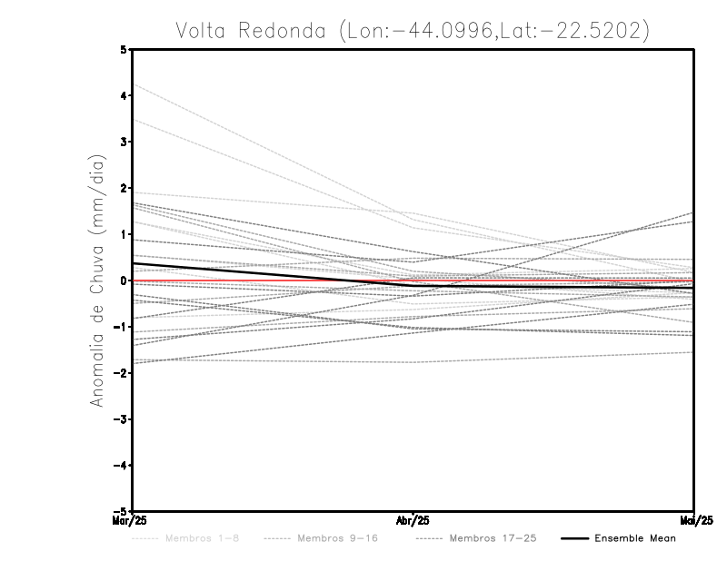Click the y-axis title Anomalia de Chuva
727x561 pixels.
point(96,280)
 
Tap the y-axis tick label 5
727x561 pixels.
point(124,49)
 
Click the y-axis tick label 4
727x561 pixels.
point(124,95)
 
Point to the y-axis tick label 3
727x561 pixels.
point(124,142)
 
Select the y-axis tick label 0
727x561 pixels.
point(124,280)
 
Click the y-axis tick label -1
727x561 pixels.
point(123,327)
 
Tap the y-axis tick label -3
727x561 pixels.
point(123,419)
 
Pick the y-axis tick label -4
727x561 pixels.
point(123,466)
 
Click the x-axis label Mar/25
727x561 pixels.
point(132,520)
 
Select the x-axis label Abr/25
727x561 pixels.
point(413,521)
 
